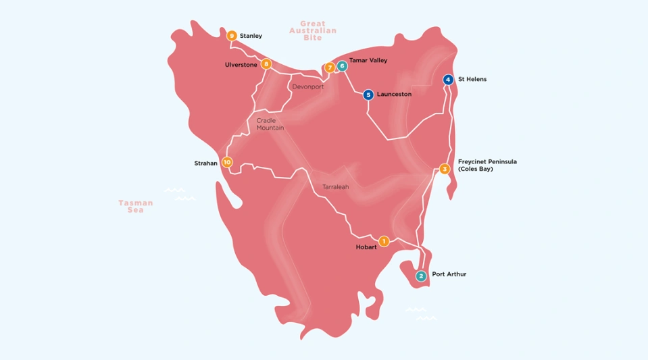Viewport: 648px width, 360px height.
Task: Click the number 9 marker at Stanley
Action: pos(232,36)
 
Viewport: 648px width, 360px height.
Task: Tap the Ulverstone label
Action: pos(241,65)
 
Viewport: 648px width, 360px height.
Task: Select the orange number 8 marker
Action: pos(266,64)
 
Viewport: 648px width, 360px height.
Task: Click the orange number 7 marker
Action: pos(330,68)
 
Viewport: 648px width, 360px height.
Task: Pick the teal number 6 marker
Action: pos(342,66)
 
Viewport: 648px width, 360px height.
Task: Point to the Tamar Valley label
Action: pos(368,60)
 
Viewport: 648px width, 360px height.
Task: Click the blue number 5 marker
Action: pos(368,95)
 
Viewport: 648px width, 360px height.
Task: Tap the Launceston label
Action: pos(394,95)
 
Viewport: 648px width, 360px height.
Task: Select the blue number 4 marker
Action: pos(447,80)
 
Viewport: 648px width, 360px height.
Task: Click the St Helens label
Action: pos(472,80)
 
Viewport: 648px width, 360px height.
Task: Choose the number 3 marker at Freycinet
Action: pos(444,169)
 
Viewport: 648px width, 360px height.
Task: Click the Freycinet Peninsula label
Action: pos(487,162)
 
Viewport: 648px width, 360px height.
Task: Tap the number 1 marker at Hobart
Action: pos(384,241)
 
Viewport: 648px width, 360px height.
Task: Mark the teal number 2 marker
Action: pos(421,276)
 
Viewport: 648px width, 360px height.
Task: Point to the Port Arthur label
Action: pos(449,275)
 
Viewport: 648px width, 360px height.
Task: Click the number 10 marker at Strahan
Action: pos(227,162)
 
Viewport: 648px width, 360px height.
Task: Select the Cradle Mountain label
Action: pos(270,124)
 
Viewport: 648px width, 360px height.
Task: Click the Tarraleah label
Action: pos(335,187)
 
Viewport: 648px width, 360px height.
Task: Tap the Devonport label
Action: pos(307,87)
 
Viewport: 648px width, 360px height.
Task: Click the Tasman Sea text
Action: pos(136,206)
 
